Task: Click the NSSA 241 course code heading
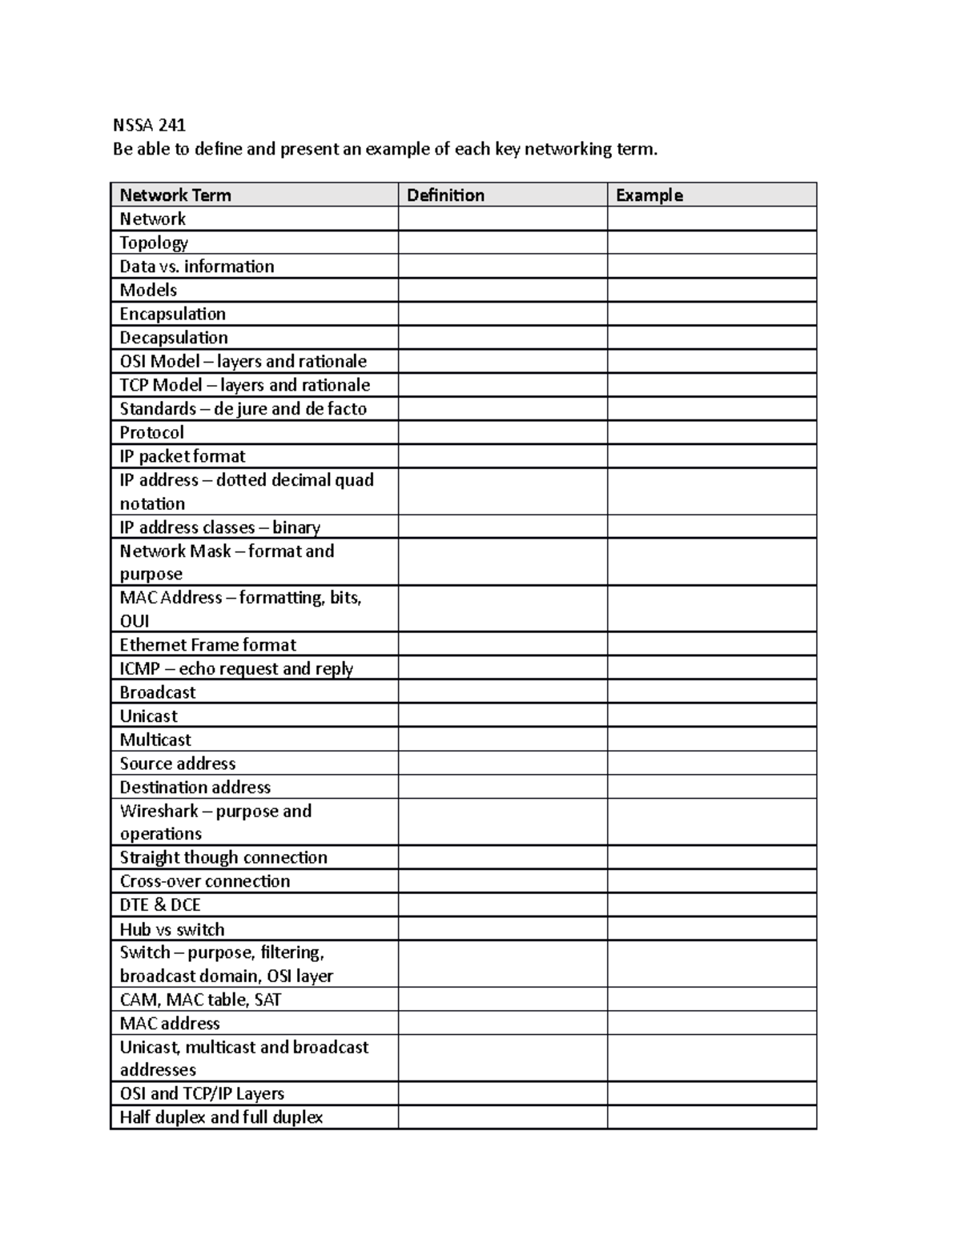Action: pyautogui.click(x=149, y=125)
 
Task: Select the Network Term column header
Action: pyautogui.click(x=175, y=195)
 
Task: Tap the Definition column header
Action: pyautogui.click(x=445, y=195)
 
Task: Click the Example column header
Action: pyautogui.click(x=649, y=195)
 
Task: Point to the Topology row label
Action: pyautogui.click(x=154, y=243)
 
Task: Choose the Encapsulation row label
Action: pyautogui.click(x=172, y=314)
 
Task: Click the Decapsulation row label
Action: pyautogui.click(x=174, y=338)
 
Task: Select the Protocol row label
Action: pyautogui.click(x=151, y=432)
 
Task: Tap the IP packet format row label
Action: pyautogui.click(x=183, y=456)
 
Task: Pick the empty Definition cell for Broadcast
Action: pyautogui.click(x=502, y=692)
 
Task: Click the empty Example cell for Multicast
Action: pyautogui.click(x=711, y=740)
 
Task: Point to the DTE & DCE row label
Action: pyautogui.click(x=160, y=905)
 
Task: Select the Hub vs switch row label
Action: pyautogui.click(x=172, y=929)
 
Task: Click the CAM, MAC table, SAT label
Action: pyautogui.click(x=200, y=1000)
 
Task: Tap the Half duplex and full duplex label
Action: pyautogui.click(x=221, y=1117)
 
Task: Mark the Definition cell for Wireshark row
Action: pyautogui.click(x=502, y=822)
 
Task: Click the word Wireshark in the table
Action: pyautogui.click(x=159, y=811)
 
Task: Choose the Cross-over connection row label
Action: pyautogui.click(x=205, y=881)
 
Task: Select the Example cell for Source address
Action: pyautogui.click(x=711, y=764)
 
